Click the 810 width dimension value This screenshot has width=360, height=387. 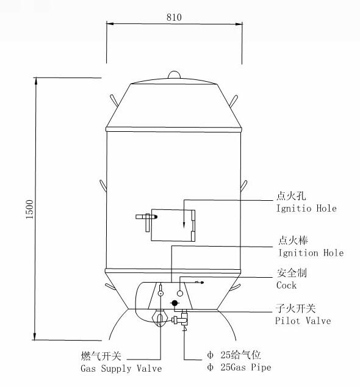174,17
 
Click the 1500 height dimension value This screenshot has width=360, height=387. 30,209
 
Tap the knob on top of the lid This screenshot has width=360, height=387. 174,74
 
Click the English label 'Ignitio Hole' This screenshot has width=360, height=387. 306,209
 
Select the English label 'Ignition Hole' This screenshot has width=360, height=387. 311,253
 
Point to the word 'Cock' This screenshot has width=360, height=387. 286,285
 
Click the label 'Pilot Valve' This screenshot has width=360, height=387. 303,321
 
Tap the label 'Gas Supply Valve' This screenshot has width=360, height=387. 121,369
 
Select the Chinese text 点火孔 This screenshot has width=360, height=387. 291,196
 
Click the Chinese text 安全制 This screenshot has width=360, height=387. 292,273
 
